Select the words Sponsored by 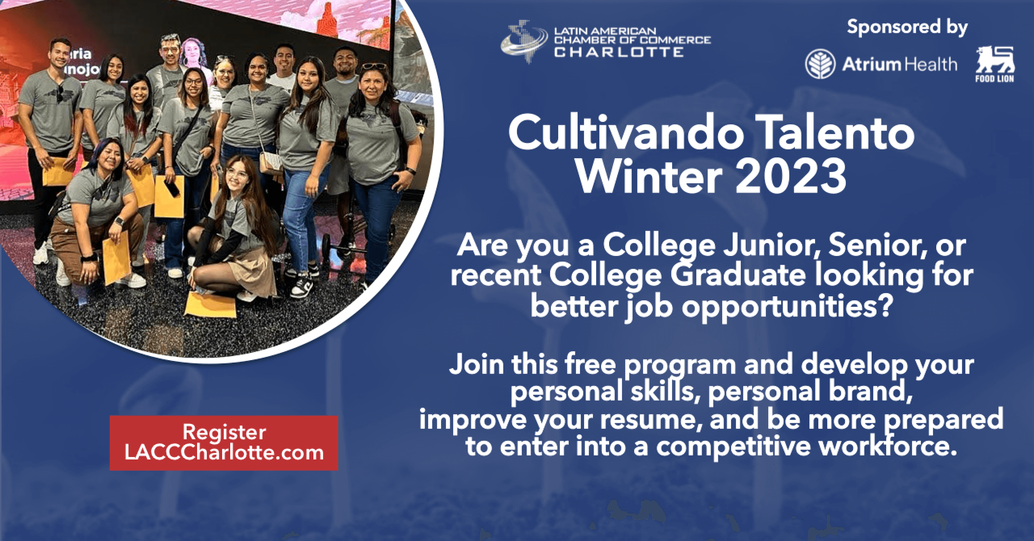(x=907, y=27)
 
